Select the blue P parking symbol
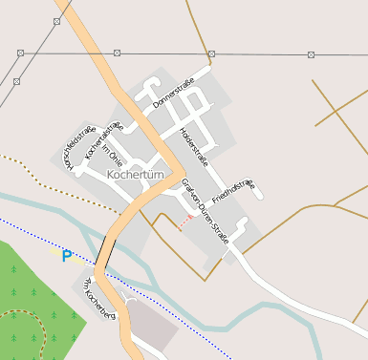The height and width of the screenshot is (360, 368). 67,256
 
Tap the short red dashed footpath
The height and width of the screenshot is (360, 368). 184,222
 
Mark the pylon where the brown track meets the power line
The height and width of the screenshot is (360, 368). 211,53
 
